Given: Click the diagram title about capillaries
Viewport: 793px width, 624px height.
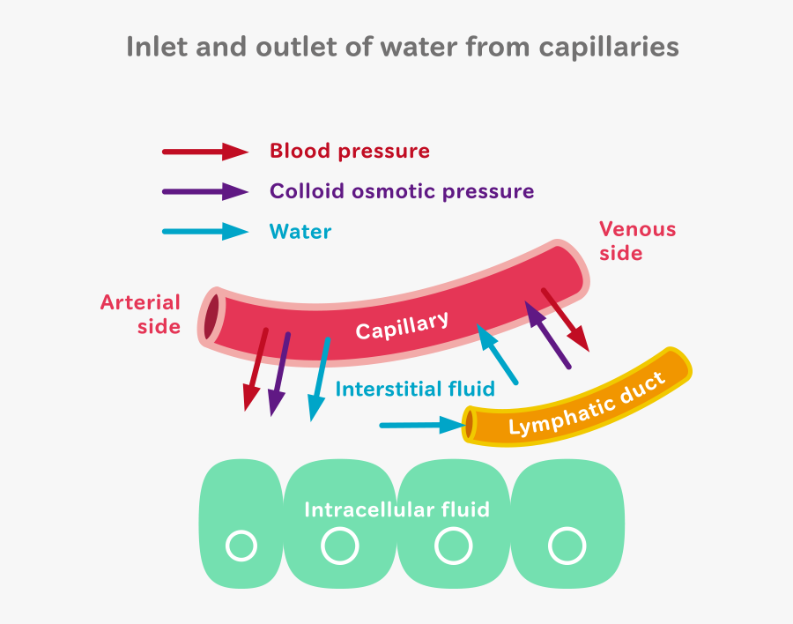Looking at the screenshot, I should coord(403,47).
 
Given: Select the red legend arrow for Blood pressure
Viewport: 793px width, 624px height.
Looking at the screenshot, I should coord(205,152).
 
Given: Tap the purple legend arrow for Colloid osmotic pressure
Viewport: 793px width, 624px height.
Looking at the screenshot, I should coord(205,191).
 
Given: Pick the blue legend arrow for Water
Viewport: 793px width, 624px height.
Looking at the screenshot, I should coord(205,232).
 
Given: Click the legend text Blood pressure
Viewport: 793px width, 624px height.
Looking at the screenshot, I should coord(350,152).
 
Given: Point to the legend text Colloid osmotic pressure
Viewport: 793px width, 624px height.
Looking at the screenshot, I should coord(402,191).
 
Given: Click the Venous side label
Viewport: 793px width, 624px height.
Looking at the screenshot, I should coord(637,241).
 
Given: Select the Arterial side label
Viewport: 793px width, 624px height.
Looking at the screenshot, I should coord(140,315).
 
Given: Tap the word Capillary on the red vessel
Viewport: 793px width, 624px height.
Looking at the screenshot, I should coord(403,325).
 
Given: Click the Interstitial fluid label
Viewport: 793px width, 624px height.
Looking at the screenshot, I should coord(415,389).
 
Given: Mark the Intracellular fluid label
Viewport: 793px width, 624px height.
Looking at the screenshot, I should coord(396,509).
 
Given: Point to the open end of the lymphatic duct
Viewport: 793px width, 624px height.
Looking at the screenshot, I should coord(471,426).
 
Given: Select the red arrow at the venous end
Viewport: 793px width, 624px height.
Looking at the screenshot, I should coord(565,319).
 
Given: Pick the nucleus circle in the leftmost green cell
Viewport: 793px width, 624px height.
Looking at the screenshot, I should coord(241,546).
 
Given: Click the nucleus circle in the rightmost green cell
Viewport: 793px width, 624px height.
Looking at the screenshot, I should coord(567,546).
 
